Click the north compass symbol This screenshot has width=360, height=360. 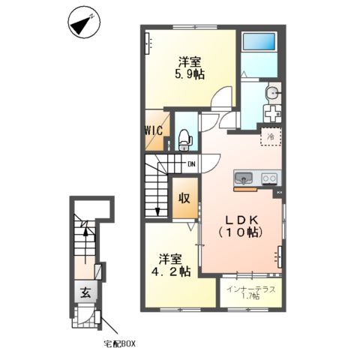(84, 22)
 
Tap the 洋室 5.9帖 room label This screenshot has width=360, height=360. (190, 67)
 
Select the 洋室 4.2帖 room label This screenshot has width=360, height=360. (171, 265)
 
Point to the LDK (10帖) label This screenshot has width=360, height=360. (241, 226)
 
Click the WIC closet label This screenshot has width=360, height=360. (154, 130)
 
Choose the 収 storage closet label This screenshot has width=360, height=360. (184, 199)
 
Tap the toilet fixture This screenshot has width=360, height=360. (185, 140)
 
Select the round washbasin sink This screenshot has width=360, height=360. (273, 93)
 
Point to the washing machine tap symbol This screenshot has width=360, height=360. (272, 113)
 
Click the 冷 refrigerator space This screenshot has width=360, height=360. (271, 136)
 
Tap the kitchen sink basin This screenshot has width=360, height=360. (243, 178)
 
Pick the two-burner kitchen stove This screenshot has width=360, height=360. (269, 178)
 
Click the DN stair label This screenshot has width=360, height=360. (191, 164)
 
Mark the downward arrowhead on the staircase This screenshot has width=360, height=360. (157, 211)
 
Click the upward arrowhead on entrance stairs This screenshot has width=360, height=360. (85, 232)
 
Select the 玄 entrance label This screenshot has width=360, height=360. (85, 292)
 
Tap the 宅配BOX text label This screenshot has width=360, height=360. (120, 344)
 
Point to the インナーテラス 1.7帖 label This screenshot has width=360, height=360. (251, 292)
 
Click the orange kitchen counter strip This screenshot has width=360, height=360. (245, 189)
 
